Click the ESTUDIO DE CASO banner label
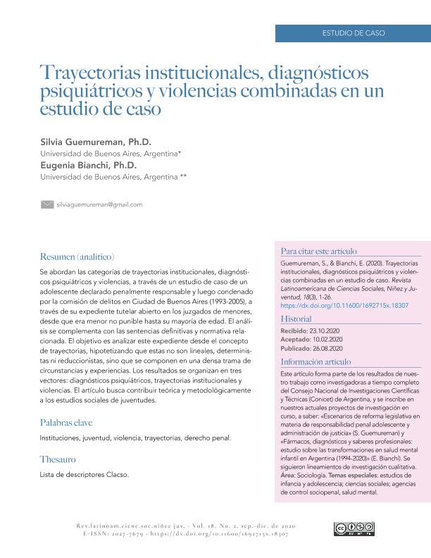tap(354, 33)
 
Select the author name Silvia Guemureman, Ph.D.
tap(96, 142)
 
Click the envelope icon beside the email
tap(47, 204)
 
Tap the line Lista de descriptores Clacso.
tap(85, 474)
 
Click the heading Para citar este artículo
tap(319, 251)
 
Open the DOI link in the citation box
tap(334, 306)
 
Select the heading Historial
tap(296, 319)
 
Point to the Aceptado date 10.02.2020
tap(327, 339)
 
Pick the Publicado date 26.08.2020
tap(329, 348)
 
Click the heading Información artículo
tap(316, 361)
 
